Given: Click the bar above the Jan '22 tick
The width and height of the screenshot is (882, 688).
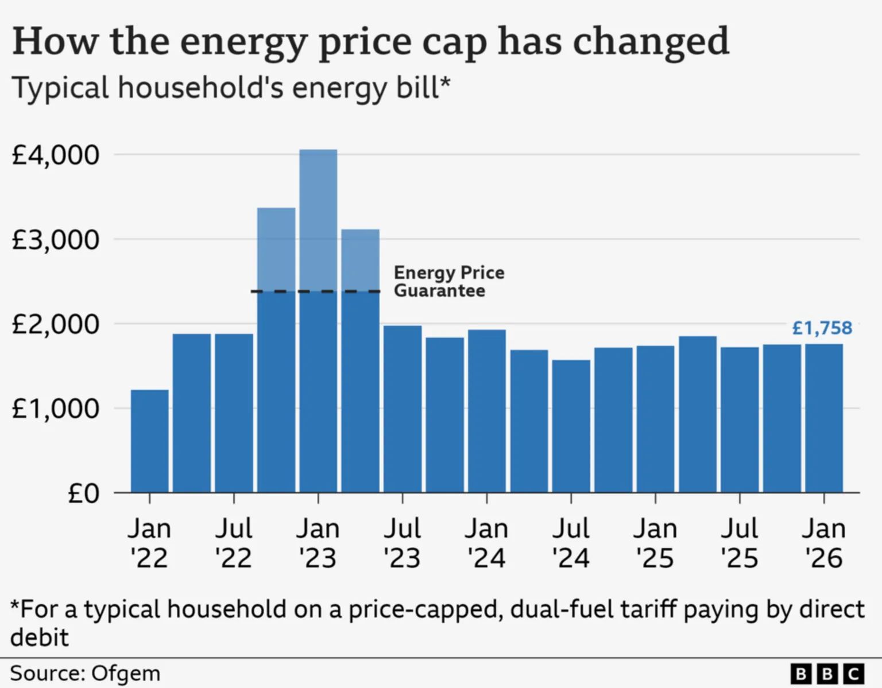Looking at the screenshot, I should pyautogui.click(x=149, y=441).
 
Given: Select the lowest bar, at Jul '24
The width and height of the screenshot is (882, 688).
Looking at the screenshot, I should pyautogui.click(x=571, y=426).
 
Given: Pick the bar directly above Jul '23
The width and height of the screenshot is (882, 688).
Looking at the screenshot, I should pyautogui.click(x=403, y=409).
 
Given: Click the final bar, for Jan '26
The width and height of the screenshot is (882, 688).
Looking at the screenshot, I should pyautogui.click(x=824, y=418).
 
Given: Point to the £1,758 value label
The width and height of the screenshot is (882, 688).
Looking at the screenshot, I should pyautogui.click(x=822, y=328).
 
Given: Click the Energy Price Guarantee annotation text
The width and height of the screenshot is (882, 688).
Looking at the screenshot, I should pyautogui.click(x=448, y=281).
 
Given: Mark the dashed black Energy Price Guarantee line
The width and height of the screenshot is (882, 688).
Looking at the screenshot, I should pyautogui.click(x=315, y=291).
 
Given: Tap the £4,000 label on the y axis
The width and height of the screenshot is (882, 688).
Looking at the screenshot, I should pyautogui.click(x=55, y=155).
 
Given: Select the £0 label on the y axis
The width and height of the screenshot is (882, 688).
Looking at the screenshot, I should pyautogui.click(x=83, y=493).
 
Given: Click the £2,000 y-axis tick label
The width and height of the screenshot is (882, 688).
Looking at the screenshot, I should pyautogui.click(x=55, y=324).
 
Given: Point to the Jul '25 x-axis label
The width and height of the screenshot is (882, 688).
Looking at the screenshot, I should pyautogui.click(x=740, y=543).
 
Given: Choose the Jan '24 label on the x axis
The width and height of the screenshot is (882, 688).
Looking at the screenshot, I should pyautogui.click(x=486, y=543).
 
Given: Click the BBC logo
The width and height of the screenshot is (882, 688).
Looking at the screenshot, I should pyautogui.click(x=827, y=673).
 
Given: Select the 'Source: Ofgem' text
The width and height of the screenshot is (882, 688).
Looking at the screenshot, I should pyautogui.click(x=85, y=673).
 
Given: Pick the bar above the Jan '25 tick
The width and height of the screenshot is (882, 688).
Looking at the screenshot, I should pyautogui.click(x=655, y=419).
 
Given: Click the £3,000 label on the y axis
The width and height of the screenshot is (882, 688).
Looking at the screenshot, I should pyautogui.click(x=55, y=240).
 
